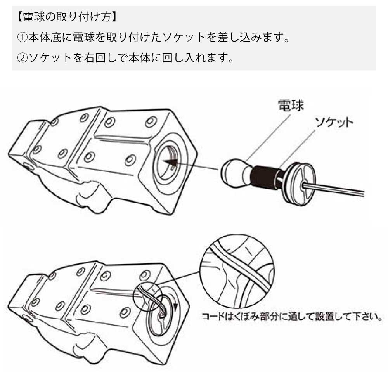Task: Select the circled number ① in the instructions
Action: click(23, 38)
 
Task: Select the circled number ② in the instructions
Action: click(23, 58)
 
